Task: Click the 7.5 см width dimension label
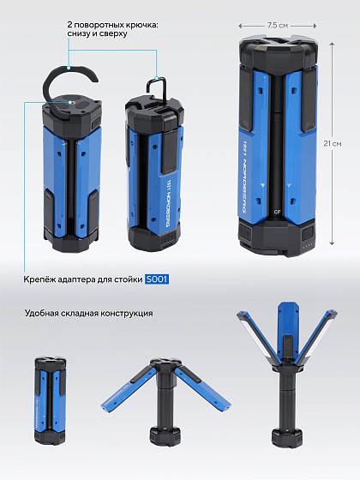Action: (278, 26)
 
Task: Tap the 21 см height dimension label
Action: (333, 143)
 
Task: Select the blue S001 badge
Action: (157, 279)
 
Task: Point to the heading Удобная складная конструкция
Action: (89, 314)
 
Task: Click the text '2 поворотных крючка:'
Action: (113, 25)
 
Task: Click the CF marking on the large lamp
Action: (278, 211)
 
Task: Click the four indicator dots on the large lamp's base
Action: (308, 244)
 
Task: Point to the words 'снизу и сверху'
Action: (98, 33)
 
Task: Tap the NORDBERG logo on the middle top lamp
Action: (167, 203)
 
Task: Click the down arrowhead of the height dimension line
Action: (332, 243)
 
